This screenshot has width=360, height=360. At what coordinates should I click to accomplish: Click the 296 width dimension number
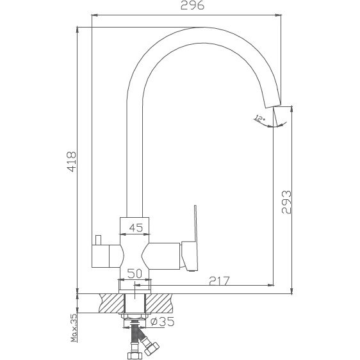click(192, 5)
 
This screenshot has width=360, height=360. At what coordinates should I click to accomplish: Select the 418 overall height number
click(71, 161)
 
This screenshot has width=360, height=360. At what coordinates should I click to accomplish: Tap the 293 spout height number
click(286, 202)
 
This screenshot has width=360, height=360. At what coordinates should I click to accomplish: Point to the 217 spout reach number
click(219, 281)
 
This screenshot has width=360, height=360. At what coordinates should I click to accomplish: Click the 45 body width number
click(136, 227)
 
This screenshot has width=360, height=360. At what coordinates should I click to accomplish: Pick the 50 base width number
click(135, 274)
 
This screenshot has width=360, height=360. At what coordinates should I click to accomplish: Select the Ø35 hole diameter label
click(162, 322)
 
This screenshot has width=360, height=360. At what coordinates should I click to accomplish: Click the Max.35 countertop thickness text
click(74, 328)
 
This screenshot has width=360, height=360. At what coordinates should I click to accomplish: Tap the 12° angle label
click(259, 119)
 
